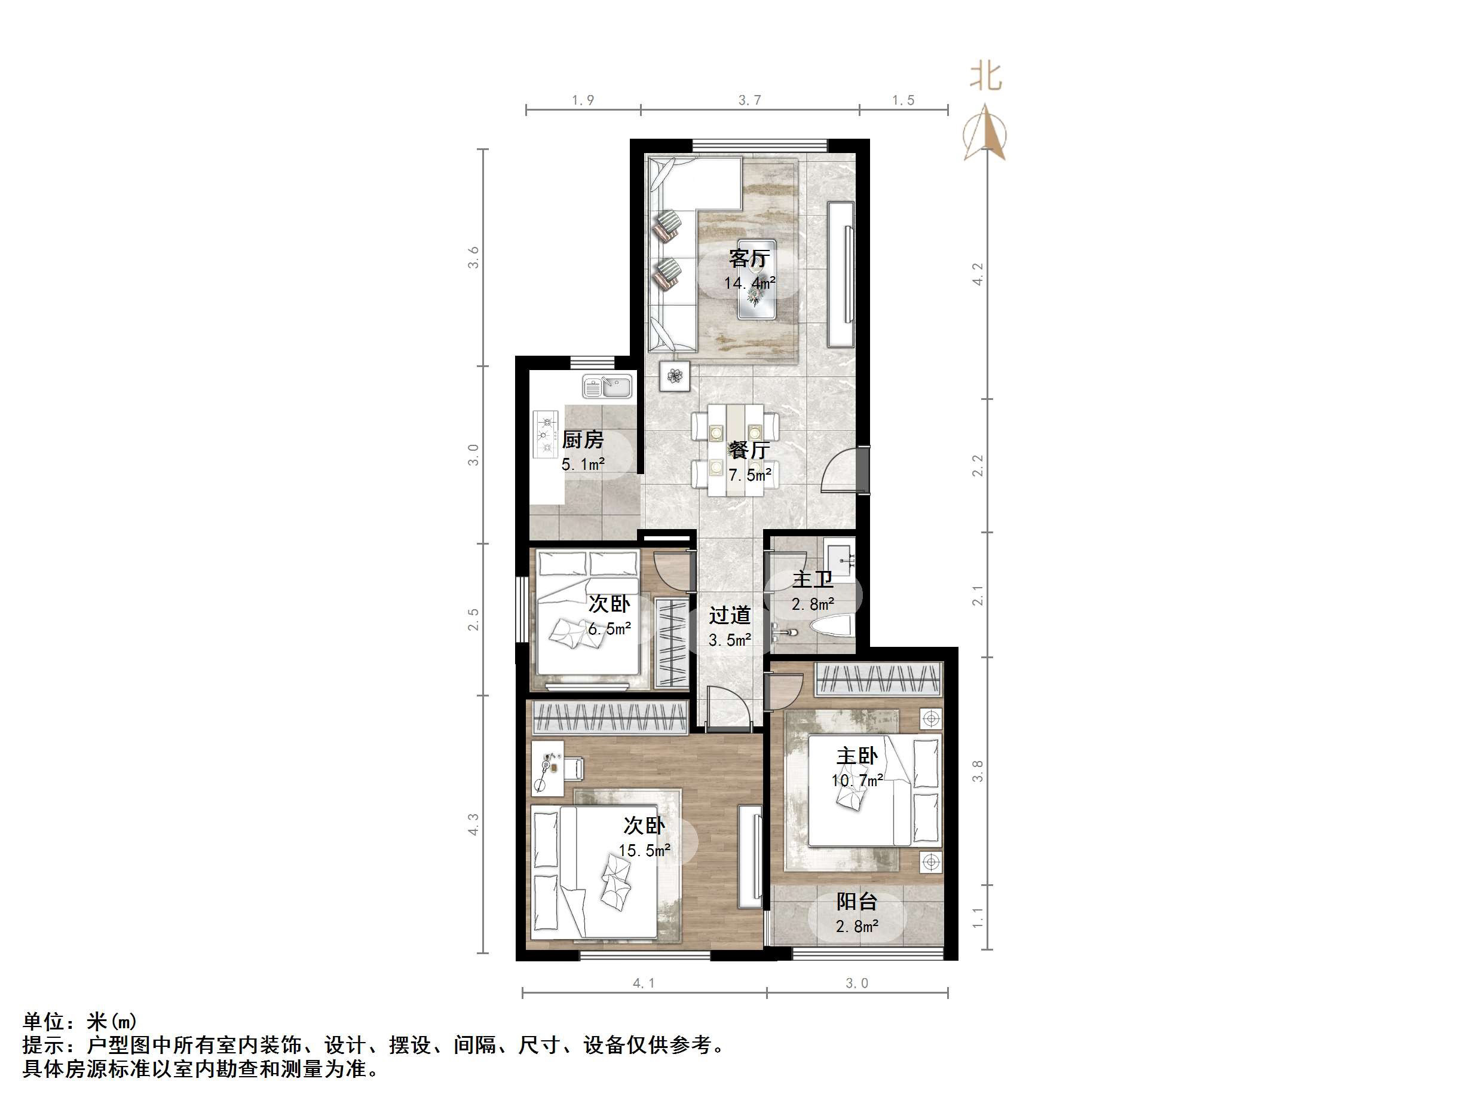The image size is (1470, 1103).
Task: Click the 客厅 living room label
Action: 749,258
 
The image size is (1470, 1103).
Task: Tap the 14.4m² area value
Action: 749,283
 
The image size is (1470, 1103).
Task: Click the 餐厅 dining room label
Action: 749,450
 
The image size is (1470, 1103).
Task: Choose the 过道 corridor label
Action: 729,615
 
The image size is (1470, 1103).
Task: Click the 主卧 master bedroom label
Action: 857,756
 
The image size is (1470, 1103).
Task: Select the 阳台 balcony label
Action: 857,902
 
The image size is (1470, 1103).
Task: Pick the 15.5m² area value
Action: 644,850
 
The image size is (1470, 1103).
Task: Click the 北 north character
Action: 985,77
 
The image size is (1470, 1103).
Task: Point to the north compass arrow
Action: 985,133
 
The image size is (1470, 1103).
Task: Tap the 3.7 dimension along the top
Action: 749,100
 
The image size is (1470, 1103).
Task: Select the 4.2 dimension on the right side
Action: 977,274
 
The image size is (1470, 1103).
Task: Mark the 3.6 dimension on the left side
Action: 473,256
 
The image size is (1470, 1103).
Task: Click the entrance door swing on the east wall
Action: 841,470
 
